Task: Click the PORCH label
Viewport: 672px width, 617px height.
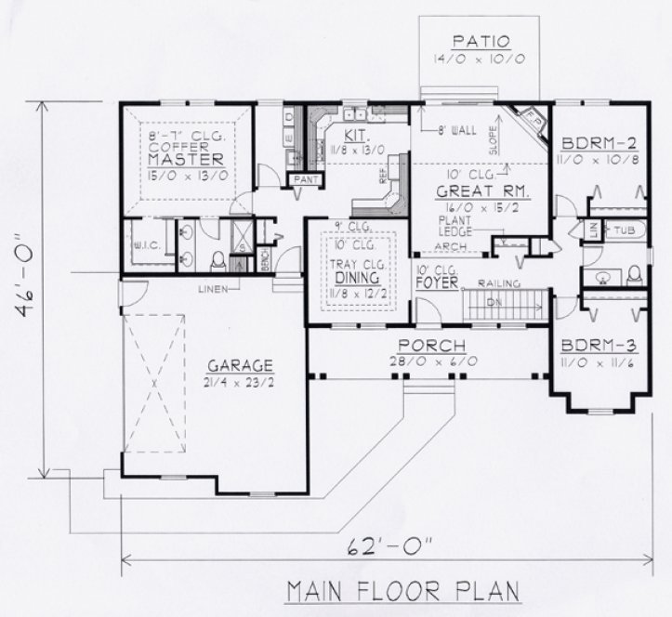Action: pos(427,345)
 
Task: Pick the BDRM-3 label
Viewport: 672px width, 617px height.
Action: pos(597,346)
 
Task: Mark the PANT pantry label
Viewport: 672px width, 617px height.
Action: pos(304,178)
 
